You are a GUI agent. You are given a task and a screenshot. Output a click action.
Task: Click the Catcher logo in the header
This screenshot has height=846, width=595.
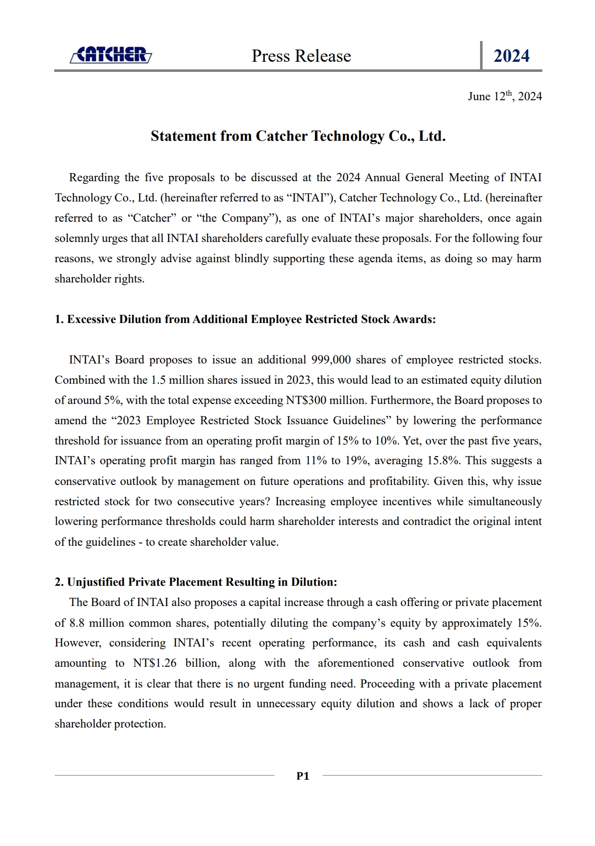pos(111,55)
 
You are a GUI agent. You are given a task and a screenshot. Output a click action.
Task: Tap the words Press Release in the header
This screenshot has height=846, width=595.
pos(301,56)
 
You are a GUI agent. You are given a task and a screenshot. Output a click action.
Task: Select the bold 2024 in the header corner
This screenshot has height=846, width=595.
pos(511,56)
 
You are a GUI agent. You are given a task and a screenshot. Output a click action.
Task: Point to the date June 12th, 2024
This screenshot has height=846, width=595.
pos(504,96)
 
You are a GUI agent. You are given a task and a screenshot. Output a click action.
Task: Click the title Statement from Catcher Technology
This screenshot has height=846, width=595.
pos(298,136)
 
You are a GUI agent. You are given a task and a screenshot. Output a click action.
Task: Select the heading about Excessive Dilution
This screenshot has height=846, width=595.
pos(245,319)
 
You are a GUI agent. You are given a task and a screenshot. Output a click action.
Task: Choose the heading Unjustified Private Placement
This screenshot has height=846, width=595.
pos(195,582)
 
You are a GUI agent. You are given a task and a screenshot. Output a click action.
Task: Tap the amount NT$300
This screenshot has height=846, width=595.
pos(306,400)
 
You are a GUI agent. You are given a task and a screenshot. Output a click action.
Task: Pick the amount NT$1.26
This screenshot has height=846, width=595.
pos(154,663)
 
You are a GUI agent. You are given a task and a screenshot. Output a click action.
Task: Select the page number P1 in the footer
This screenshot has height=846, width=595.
pos(303,776)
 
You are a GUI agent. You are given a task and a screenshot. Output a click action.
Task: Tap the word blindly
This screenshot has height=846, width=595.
pos(251,259)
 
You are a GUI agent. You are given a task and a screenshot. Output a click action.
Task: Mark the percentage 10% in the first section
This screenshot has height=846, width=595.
pos(386,440)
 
